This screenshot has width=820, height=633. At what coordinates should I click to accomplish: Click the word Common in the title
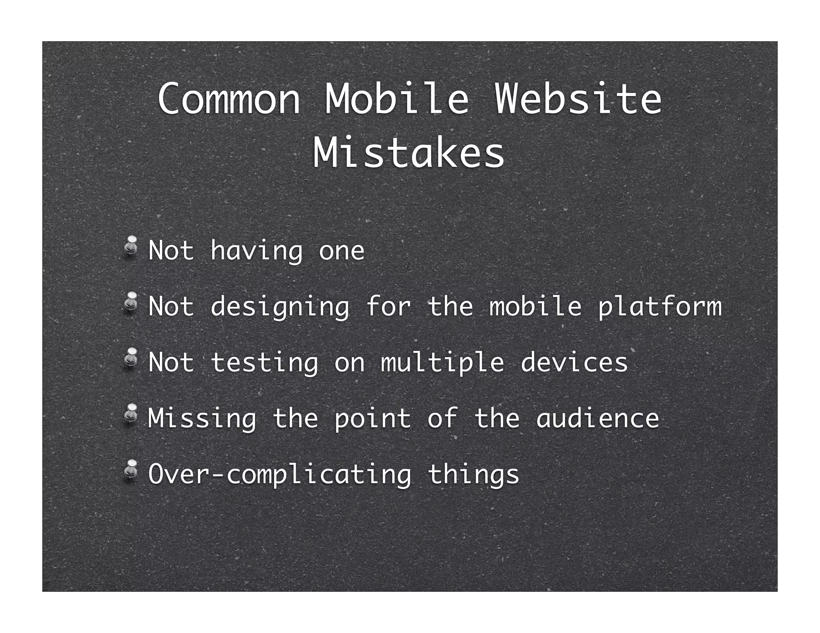[x=229, y=98]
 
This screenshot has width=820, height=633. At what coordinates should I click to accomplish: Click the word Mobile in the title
[x=396, y=98]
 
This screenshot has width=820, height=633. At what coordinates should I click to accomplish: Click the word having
[x=256, y=251]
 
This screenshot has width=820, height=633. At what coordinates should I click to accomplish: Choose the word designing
[x=279, y=307]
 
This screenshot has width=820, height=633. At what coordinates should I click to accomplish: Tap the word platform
[x=659, y=307]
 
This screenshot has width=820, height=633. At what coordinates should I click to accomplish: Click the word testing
[x=264, y=363]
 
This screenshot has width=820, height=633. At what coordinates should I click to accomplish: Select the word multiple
[x=442, y=363]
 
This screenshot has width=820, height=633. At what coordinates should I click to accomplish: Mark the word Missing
[x=202, y=419]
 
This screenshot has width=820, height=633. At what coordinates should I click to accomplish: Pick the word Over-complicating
[x=279, y=475]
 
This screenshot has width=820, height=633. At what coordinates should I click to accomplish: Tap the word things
[x=473, y=475]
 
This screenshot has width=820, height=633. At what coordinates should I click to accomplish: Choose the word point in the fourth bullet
[x=373, y=419]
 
